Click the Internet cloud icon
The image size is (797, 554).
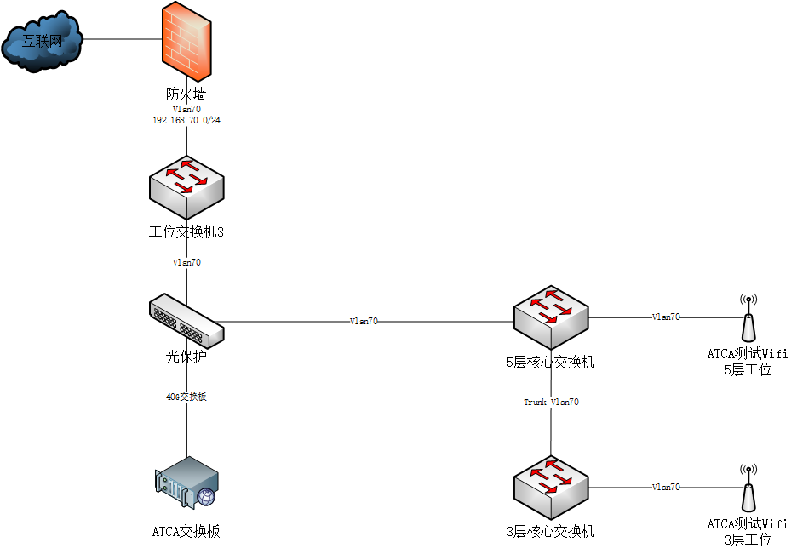coord(43,40)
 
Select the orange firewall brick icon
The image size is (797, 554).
coord(186,42)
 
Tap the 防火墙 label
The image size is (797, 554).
coord(186,94)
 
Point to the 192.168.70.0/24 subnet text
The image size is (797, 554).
coord(186,121)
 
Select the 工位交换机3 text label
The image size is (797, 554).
coord(186,231)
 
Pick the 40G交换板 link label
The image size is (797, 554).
coord(186,397)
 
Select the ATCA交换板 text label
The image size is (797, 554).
coord(186,532)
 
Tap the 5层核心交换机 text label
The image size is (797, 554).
coord(550,363)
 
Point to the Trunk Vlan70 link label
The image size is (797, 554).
coord(551,402)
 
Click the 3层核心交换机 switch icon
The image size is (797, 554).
coord(551,486)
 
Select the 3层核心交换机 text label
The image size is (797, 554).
coord(550,532)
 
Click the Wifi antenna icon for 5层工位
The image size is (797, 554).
coord(748,318)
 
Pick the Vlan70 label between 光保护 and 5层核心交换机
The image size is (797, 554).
coord(364,322)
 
